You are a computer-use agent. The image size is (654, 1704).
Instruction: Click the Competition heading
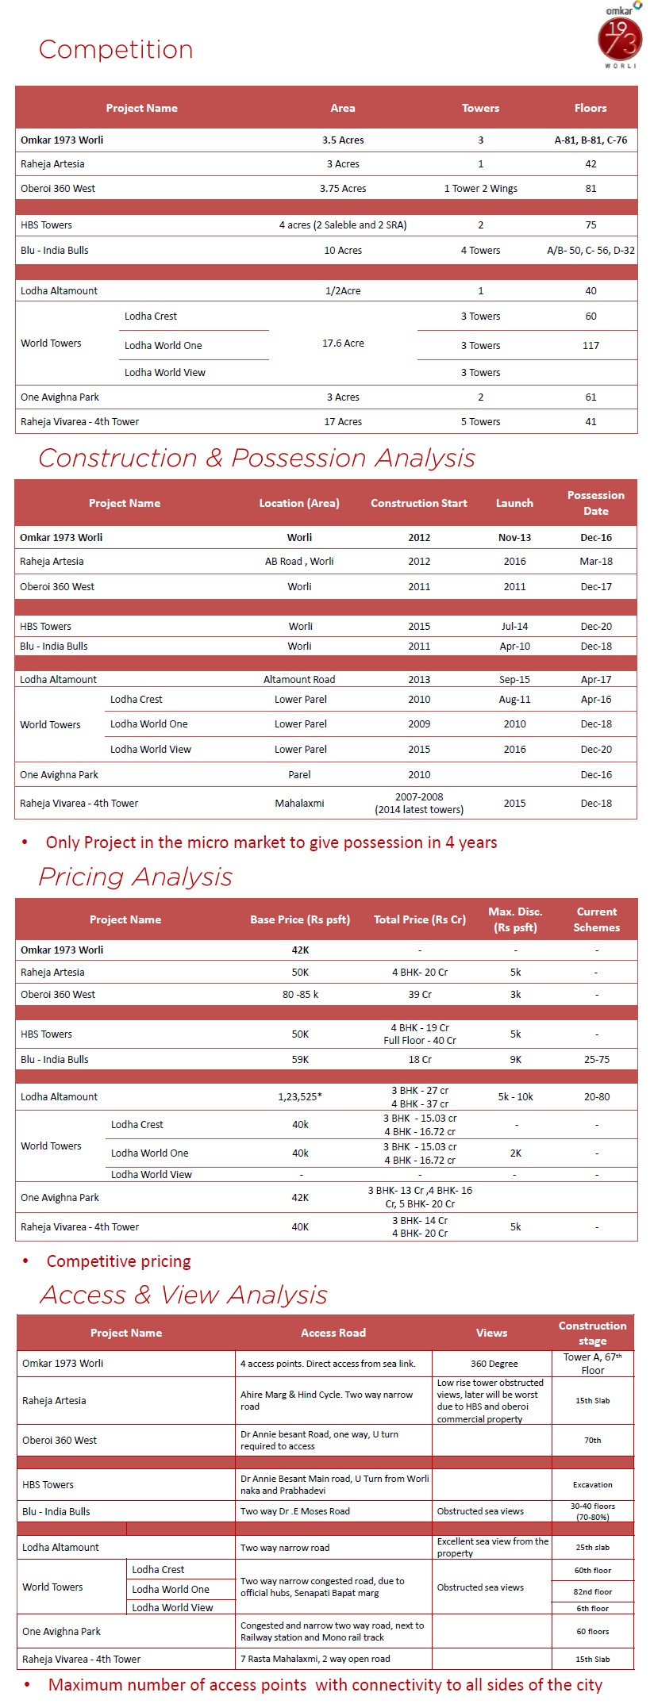tap(116, 49)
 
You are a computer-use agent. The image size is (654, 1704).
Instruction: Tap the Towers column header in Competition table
tap(480, 108)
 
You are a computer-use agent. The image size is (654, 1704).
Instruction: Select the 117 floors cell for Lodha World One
tap(591, 345)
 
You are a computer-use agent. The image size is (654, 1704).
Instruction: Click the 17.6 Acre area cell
tap(343, 343)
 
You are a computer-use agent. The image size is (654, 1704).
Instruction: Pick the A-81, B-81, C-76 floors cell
tap(591, 140)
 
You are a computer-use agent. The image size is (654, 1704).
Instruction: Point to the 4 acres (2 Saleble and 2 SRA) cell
tap(343, 225)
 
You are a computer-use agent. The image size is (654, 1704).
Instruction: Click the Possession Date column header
tap(596, 503)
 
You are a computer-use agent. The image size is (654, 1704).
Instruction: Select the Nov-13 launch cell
tap(514, 538)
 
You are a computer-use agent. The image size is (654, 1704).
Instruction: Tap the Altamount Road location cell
tap(299, 679)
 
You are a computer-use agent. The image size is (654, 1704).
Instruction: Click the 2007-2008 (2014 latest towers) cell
tap(419, 803)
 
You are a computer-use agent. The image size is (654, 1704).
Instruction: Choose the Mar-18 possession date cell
tap(596, 562)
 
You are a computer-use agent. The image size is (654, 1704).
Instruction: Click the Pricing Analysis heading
tap(136, 877)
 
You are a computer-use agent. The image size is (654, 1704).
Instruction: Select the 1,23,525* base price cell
tap(300, 1097)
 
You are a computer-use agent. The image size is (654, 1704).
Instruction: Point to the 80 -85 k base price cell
tap(300, 995)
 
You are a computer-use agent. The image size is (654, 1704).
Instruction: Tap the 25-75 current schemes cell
tap(597, 1060)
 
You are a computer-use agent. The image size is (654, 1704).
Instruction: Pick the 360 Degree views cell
tap(494, 1364)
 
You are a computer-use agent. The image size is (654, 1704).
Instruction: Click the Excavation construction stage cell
tap(593, 1485)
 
